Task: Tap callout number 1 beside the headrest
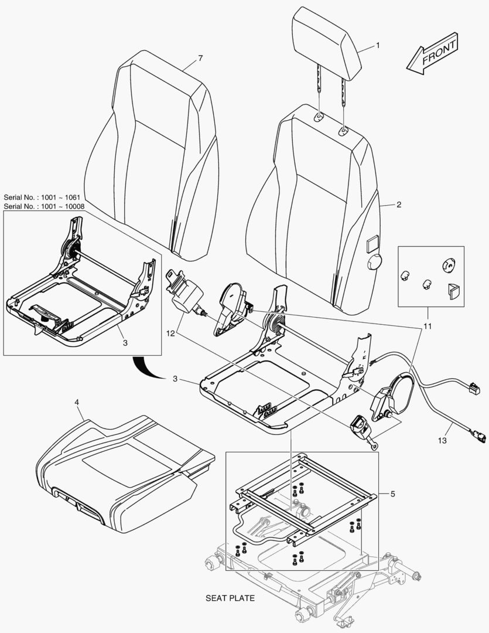pyautogui.click(x=378, y=45)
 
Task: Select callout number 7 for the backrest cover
pyautogui.click(x=200, y=58)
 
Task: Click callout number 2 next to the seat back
pyautogui.click(x=399, y=205)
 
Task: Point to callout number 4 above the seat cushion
pyautogui.click(x=77, y=402)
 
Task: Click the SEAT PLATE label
pyautogui.click(x=230, y=598)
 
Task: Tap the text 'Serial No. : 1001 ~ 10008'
pyautogui.click(x=44, y=206)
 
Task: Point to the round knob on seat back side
pyautogui.click(x=374, y=263)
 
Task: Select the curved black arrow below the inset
pyautogui.click(x=143, y=369)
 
